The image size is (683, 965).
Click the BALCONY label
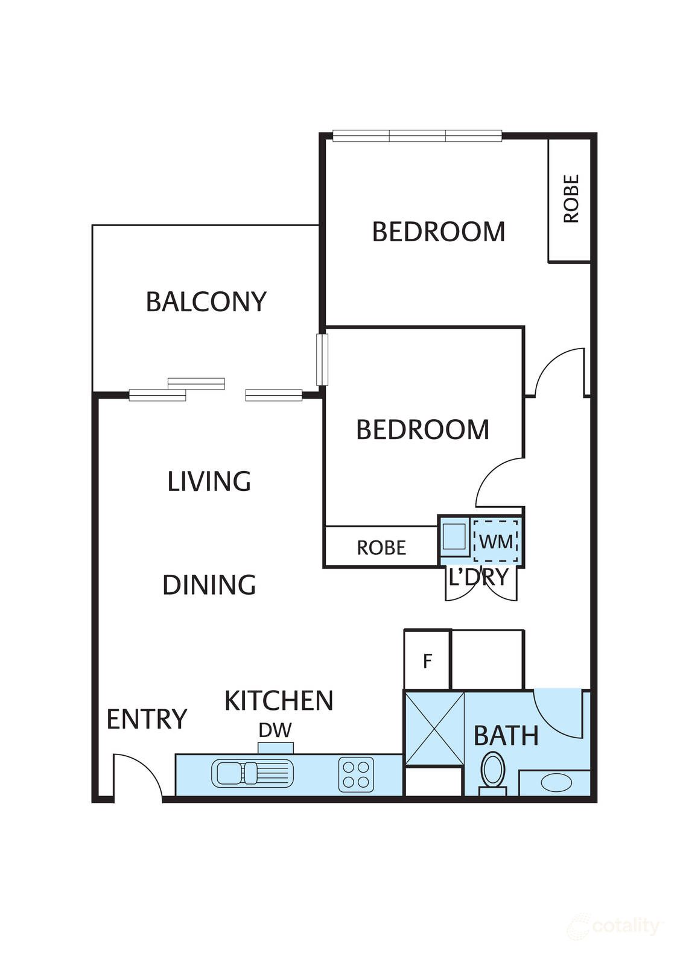click(206, 302)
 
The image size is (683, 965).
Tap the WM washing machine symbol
click(495, 541)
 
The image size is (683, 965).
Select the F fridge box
click(427, 661)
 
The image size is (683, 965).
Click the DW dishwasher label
click(275, 730)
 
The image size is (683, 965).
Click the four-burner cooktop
click(356, 774)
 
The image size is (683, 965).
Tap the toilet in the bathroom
click(493, 771)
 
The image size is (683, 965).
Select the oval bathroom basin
click(556, 783)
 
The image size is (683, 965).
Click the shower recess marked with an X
click(434, 728)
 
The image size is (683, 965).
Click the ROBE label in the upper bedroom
click(571, 199)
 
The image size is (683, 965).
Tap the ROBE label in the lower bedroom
click(381, 548)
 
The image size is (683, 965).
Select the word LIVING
click(209, 481)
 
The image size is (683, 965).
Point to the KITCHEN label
click(279, 701)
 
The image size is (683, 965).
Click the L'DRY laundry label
click(478, 578)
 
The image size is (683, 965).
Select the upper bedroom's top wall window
click(417, 136)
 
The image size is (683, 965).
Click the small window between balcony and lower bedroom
click(322, 359)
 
